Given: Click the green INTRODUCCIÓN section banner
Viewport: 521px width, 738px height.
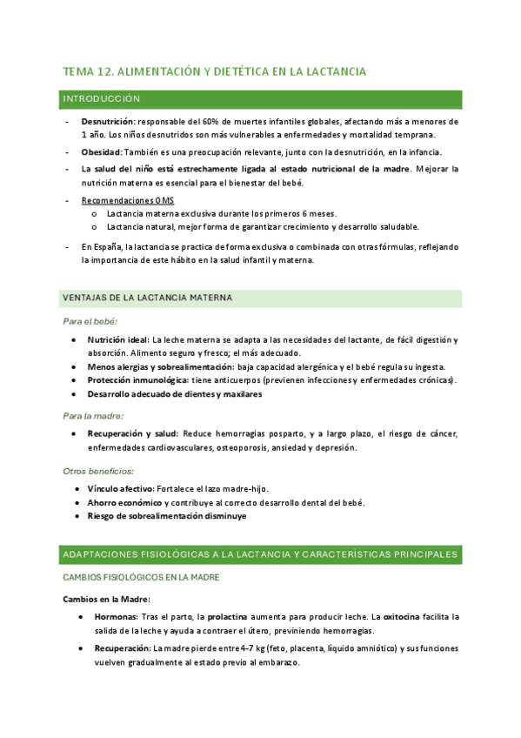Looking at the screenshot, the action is pyautogui.click(x=261, y=99).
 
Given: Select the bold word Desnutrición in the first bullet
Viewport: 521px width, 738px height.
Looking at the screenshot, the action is pyautogui.click(x=108, y=123).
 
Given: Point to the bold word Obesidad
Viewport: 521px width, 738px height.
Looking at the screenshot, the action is pyautogui.click(x=102, y=151).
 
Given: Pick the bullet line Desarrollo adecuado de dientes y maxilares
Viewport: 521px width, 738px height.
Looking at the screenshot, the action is pyautogui.click(x=174, y=394).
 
